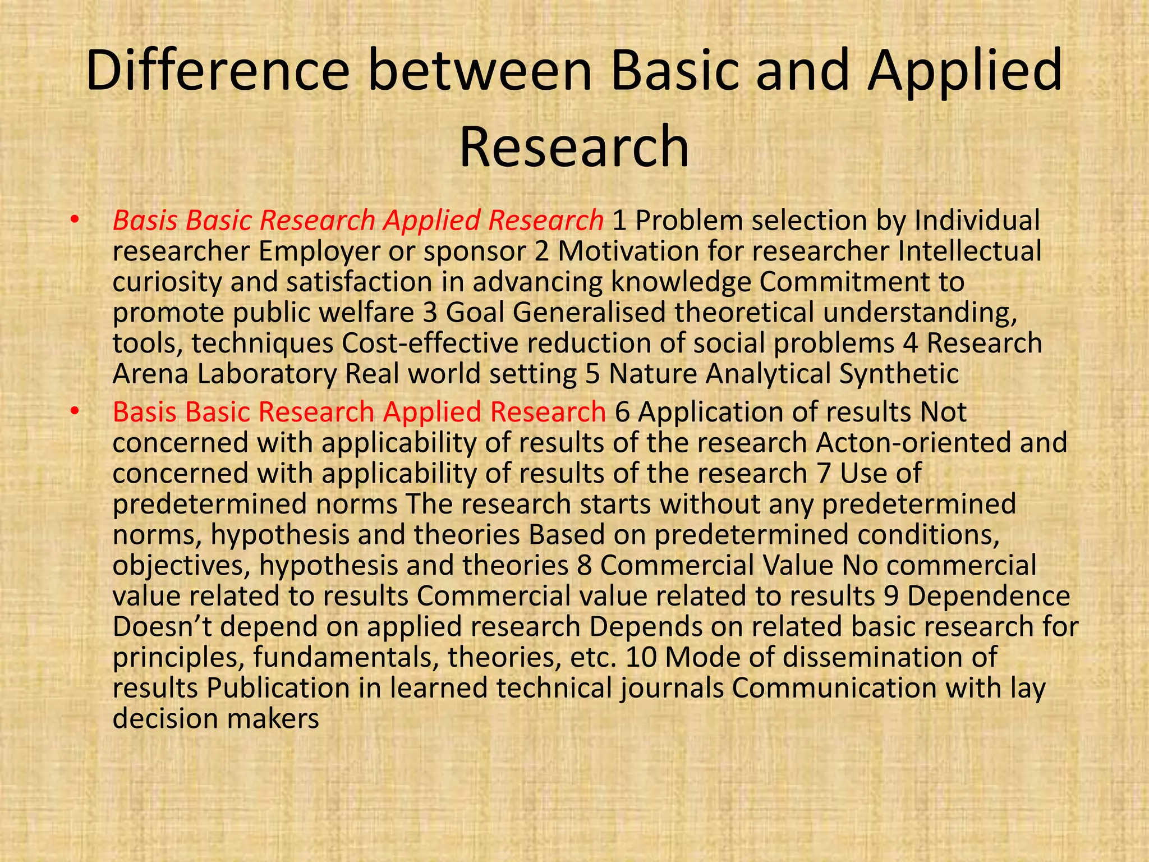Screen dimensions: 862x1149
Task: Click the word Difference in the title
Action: click(x=218, y=71)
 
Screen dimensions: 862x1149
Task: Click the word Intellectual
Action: click(x=969, y=251)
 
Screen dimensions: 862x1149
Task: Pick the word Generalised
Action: click(x=589, y=313)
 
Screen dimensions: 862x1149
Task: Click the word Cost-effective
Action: click(x=430, y=343)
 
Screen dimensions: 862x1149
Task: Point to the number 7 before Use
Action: click(x=823, y=473)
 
